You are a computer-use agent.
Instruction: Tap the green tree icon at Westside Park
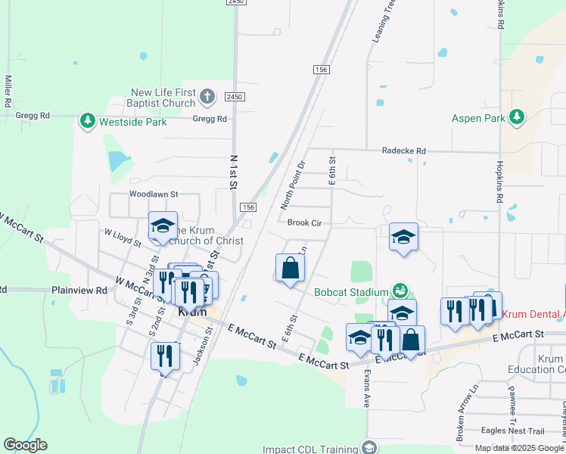(88, 121)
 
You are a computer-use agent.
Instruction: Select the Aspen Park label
(477, 118)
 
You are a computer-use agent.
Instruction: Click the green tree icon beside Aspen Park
(517, 117)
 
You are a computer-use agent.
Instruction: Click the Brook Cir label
(305, 222)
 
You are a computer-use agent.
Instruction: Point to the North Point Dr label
(292, 185)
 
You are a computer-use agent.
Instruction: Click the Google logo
(25, 445)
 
